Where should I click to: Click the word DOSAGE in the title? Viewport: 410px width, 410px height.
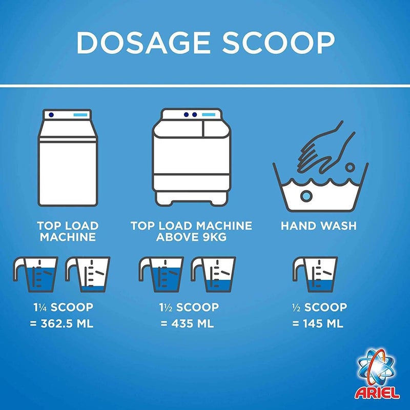click(x=143, y=43)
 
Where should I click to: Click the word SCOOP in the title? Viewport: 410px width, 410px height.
click(x=278, y=43)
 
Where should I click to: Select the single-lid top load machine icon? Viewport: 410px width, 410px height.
click(x=68, y=158)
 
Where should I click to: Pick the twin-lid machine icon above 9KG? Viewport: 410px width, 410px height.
click(x=191, y=157)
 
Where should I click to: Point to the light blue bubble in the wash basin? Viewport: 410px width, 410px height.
click(x=306, y=196)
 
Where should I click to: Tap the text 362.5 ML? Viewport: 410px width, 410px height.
click(x=67, y=324)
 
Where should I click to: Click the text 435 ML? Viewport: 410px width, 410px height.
click(x=193, y=324)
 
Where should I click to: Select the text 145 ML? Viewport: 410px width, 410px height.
click(x=323, y=324)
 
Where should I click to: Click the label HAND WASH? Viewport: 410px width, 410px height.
click(x=318, y=225)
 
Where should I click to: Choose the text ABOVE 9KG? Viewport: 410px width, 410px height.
click(x=191, y=237)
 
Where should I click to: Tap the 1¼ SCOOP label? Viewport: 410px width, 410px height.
click(x=63, y=307)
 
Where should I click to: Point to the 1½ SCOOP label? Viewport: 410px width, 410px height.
click(x=189, y=307)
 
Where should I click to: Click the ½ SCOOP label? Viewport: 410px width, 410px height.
click(x=319, y=307)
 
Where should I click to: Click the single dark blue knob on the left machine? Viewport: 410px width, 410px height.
click(x=51, y=115)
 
